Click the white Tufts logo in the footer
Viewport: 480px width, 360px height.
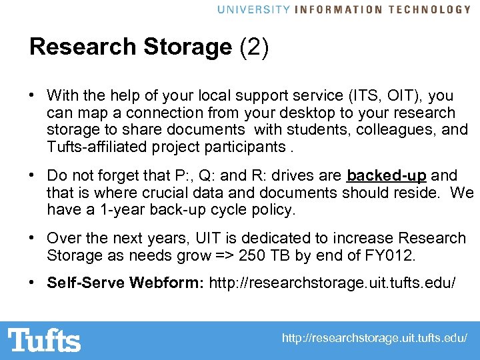(x=44, y=340)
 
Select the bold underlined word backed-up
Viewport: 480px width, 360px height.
(x=387, y=176)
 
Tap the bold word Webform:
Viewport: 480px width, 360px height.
(x=166, y=283)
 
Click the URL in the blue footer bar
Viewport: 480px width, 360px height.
(x=375, y=339)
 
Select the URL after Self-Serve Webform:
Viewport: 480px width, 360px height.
(x=333, y=283)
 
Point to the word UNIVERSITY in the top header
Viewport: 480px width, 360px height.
(x=253, y=9)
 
